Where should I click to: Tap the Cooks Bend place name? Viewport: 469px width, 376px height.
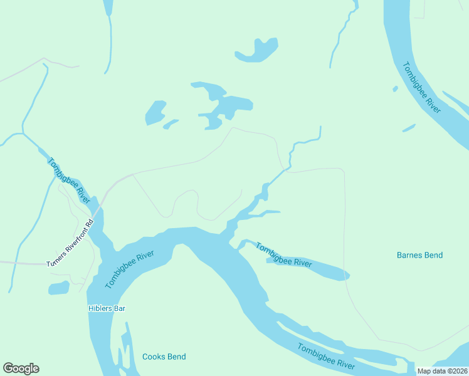[164, 357]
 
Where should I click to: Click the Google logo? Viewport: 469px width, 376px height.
[21, 368]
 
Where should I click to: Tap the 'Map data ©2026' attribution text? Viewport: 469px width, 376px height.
[442, 371]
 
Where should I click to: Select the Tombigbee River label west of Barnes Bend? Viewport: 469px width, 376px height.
[283, 255]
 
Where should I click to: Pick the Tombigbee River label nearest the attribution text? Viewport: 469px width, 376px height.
[326, 357]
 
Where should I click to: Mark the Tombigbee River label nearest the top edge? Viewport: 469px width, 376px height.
[421, 87]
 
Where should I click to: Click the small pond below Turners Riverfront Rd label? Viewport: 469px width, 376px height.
[58, 288]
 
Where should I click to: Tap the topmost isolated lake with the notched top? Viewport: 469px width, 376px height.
[257, 51]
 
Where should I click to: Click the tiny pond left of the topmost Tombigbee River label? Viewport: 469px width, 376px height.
[395, 89]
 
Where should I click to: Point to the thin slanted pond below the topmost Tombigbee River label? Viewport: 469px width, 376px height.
[409, 128]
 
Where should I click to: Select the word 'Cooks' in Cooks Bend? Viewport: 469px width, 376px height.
[154, 357]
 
